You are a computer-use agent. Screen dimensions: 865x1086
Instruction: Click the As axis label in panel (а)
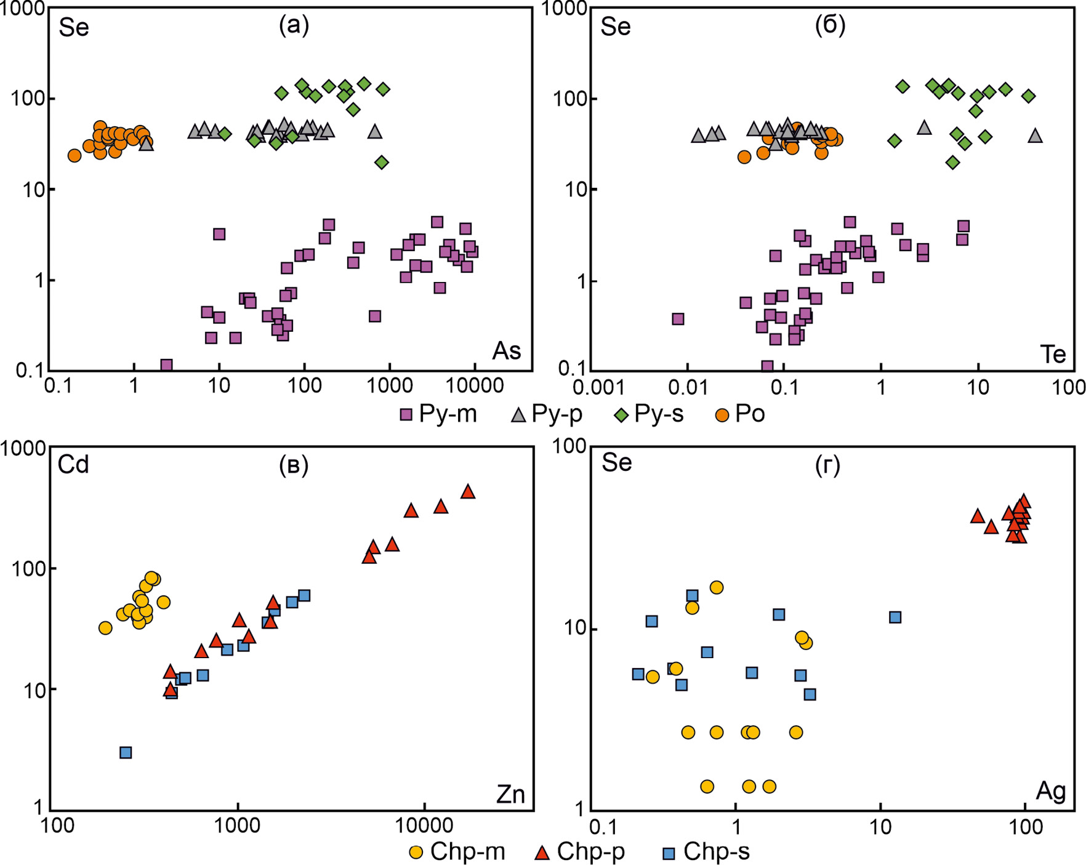point(506,351)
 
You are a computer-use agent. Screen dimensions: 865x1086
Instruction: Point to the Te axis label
point(1052,354)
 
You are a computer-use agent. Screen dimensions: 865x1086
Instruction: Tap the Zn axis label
point(510,795)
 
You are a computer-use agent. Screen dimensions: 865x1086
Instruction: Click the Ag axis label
point(1050,791)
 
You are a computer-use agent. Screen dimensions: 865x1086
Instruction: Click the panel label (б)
point(830,25)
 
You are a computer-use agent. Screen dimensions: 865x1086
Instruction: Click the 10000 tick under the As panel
point(474,387)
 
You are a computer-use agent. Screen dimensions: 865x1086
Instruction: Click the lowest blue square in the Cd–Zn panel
point(126,752)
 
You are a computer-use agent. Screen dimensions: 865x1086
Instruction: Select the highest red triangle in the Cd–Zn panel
point(468,491)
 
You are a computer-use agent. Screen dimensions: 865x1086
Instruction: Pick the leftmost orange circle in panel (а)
point(74,156)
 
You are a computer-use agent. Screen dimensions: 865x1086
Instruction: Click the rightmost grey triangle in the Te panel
point(1036,135)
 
